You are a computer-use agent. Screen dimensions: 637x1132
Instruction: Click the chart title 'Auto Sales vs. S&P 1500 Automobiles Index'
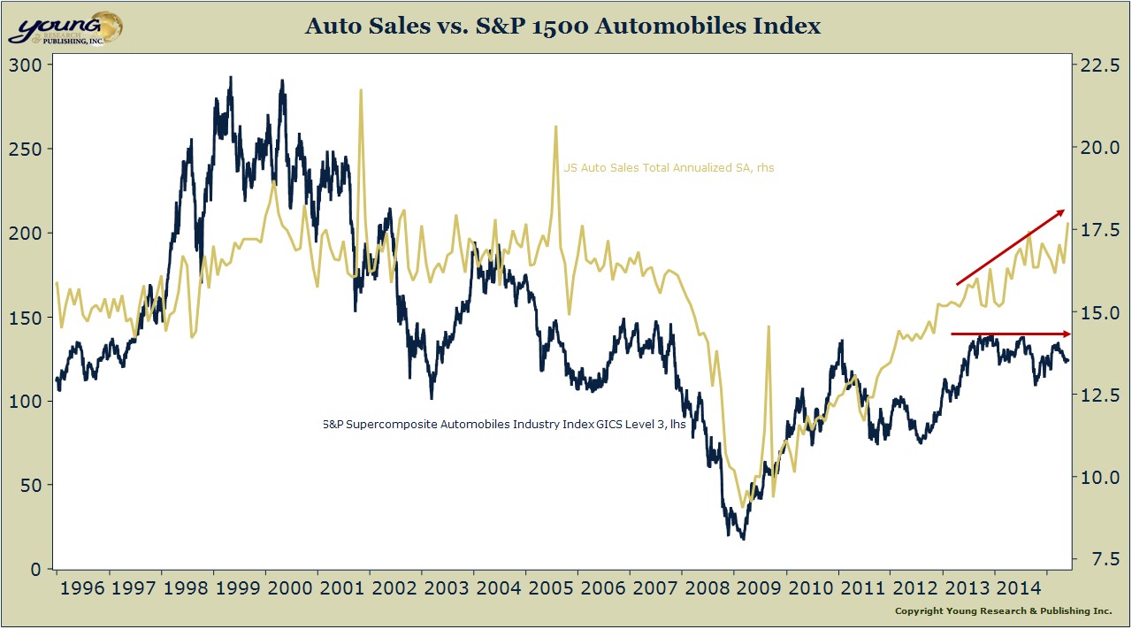click(x=562, y=27)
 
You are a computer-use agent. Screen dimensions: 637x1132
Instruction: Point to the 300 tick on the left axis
click(x=24, y=65)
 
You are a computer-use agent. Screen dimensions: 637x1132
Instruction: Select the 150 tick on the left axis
click(x=24, y=317)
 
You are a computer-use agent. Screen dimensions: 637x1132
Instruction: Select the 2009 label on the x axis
click(x=758, y=587)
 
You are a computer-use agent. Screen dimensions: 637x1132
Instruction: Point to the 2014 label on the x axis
click(x=1019, y=587)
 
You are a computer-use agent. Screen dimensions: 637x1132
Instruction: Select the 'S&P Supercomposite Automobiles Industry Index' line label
click(x=504, y=425)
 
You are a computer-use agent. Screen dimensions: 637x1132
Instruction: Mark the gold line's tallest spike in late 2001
click(x=360, y=91)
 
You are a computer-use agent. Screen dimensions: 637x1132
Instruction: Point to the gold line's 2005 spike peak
click(x=555, y=127)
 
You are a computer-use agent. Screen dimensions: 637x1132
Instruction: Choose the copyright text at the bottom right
click(x=1003, y=611)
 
